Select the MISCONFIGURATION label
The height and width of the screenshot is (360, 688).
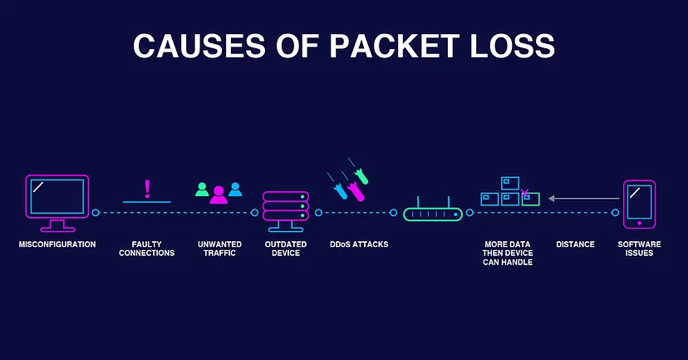coord(57,244)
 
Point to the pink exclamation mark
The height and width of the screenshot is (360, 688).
coord(147,188)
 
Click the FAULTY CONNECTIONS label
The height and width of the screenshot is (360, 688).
coord(147,249)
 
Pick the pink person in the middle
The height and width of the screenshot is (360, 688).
coord(219,194)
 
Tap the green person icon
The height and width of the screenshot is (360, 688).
coord(202,189)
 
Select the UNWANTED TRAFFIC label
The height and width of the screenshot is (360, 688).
coord(218,249)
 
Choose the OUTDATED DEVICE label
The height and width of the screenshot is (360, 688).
coord(286,249)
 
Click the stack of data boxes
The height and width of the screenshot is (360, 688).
coord(510,192)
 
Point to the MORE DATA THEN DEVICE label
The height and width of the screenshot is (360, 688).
coord(509,253)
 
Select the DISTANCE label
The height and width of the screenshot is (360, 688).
coord(575,244)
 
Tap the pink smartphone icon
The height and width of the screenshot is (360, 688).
coord(639,203)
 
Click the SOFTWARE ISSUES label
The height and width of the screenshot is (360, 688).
coord(639,249)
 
